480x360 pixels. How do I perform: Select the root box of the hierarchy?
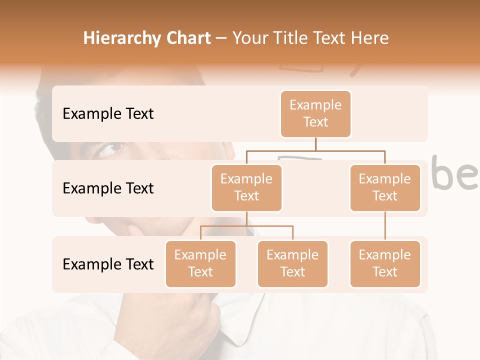pyautogui.click(x=315, y=113)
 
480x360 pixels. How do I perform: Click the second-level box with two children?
pyautogui.click(x=246, y=187)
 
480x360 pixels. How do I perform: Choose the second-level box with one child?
pyautogui.click(x=385, y=187)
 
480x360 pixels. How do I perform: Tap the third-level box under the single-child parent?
pyautogui.click(x=385, y=263)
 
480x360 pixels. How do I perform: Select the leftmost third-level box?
pyautogui.click(x=200, y=263)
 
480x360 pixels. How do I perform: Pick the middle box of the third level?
pyautogui.click(x=292, y=263)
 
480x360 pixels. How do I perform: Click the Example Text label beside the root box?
pyautogui.click(x=108, y=113)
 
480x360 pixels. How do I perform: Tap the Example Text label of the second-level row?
pyautogui.click(x=108, y=188)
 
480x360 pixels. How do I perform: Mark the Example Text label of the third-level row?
pyautogui.click(x=108, y=264)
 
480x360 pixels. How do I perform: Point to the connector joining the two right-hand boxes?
pyautogui.click(x=385, y=226)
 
